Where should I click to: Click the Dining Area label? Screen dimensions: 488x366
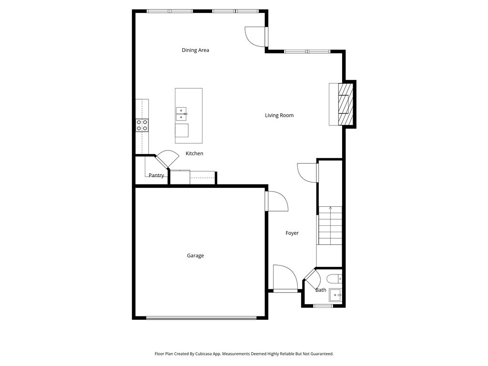pyautogui.click(x=195, y=50)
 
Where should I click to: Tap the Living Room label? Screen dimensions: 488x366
pyautogui.click(x=279, y=115)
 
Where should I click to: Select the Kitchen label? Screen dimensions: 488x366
pyautogui.click(x=194, y=153)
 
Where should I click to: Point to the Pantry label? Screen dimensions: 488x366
pyautogui.click(x=156, y=175)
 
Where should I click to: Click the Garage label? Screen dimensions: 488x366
pyautogui.click(x=195, y=255)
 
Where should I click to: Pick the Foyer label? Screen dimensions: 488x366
pyautogui.click(x=292, y=233)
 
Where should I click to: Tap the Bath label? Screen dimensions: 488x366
pyautogui.click(x=321, y=290)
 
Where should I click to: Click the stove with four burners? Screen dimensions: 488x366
pyautogui.click(x=142, y=125)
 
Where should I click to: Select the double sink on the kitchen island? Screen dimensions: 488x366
pyautogui.click(x=181, y=114)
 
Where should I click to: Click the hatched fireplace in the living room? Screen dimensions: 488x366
pyautogui.click(x=346, y=104)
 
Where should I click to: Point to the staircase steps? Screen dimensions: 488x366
pyautogui.click(x=330, y=225)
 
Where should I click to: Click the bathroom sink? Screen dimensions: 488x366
pyautogui.click(x=335, y=295)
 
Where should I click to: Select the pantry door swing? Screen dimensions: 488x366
pyautogui.click(x=167, y=159)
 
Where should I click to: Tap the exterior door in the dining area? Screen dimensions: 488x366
pyautogui.click(x=256, y=37)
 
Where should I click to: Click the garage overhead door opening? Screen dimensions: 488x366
pyautogui.click(x=201, y=318)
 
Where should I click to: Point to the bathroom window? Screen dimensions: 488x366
pyautogui.click(x=324, y=306)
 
